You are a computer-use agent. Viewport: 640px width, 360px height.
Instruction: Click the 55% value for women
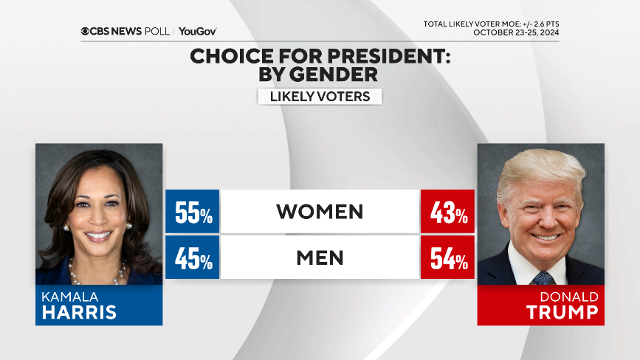pos(193,212)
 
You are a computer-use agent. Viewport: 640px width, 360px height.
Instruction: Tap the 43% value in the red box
pos(447,212)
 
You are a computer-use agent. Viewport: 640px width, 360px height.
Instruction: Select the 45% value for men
pos(193,258)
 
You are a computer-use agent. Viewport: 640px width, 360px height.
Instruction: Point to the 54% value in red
pos(447,258)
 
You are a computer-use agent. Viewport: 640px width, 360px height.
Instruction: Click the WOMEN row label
pos(320,212)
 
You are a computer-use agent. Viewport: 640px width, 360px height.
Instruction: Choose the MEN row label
pos(320,257)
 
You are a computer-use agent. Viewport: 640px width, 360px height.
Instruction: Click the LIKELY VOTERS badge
pos(320,97)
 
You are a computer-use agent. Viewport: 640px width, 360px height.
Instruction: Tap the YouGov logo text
pos(198,31)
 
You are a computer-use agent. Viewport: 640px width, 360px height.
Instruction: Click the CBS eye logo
pos(86,31)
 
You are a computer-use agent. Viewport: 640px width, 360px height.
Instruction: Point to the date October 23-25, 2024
pos(516,32)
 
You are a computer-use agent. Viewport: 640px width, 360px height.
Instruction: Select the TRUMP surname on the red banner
pos(562,312)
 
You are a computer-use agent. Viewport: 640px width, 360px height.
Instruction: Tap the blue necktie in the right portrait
pos(543,277)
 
